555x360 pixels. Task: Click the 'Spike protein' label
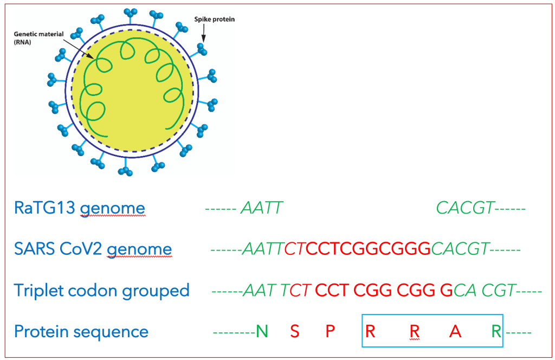pos(214,20)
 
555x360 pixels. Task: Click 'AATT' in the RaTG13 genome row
pos(262,208)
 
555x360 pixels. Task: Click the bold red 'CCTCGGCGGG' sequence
pos(368,249)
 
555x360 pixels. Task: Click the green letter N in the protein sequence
pos(262,331)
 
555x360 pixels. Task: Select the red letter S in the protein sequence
pos(295,331)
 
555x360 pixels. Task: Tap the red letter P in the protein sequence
pos(331,331)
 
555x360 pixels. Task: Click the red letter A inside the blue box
pos(455,331)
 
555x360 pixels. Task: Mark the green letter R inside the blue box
pos(496,331)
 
